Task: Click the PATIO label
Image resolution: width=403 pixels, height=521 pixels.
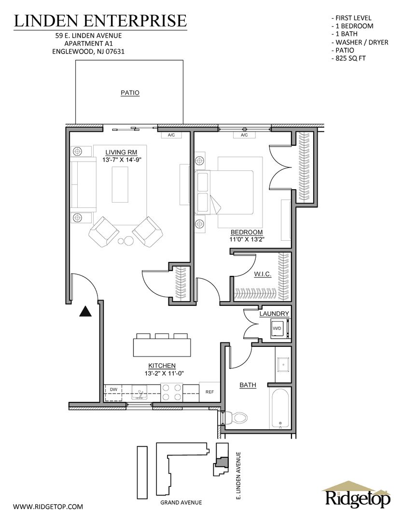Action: [130, 93]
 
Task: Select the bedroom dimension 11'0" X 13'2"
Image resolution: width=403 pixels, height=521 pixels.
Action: [246, 239]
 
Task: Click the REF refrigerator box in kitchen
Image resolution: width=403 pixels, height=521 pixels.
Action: [209, 392]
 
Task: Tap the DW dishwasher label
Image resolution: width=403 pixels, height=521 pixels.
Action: [114, 389]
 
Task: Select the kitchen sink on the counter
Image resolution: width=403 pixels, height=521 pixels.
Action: [139, 393]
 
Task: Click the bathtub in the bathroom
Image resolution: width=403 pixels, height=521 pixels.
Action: [280, 409]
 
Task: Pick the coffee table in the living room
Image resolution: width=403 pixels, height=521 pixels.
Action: [120, 184]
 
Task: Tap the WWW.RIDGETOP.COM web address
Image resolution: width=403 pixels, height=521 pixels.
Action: [48, 507]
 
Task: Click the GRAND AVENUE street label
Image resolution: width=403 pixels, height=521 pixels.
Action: [181, 502]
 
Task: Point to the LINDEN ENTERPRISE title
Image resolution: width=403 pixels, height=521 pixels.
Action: [100, 20]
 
